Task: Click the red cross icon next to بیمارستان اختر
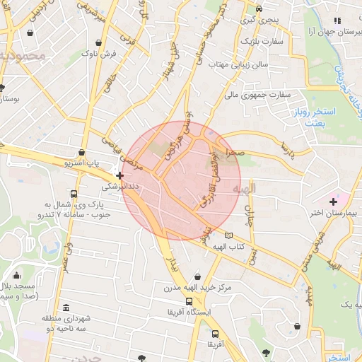pos(333,202)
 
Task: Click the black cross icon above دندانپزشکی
pos(119,175)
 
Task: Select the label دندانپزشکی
pos(117,187)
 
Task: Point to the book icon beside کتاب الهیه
pos(228,235)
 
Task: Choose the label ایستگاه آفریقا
pos(187,312)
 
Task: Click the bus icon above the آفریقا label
pos(215,334)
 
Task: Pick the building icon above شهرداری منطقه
pos(66,308)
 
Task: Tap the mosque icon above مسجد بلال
pos(17,275)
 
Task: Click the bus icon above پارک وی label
pos(74,194)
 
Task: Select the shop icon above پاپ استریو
pos(82,152)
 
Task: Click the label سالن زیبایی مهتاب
pos(235,65)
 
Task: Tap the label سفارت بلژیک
pos(260,42)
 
